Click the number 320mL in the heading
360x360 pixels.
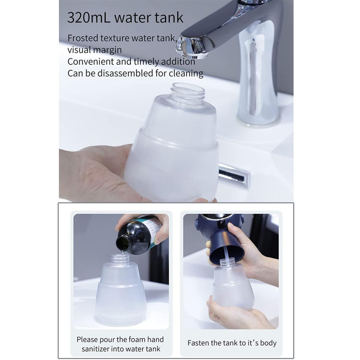pos(89,18)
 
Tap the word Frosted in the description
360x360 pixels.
pos(83,38)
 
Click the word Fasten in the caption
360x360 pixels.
pos(198,343)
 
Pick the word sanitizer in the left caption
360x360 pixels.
pos(95,349)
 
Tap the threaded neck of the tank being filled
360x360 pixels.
pos(118,259)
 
